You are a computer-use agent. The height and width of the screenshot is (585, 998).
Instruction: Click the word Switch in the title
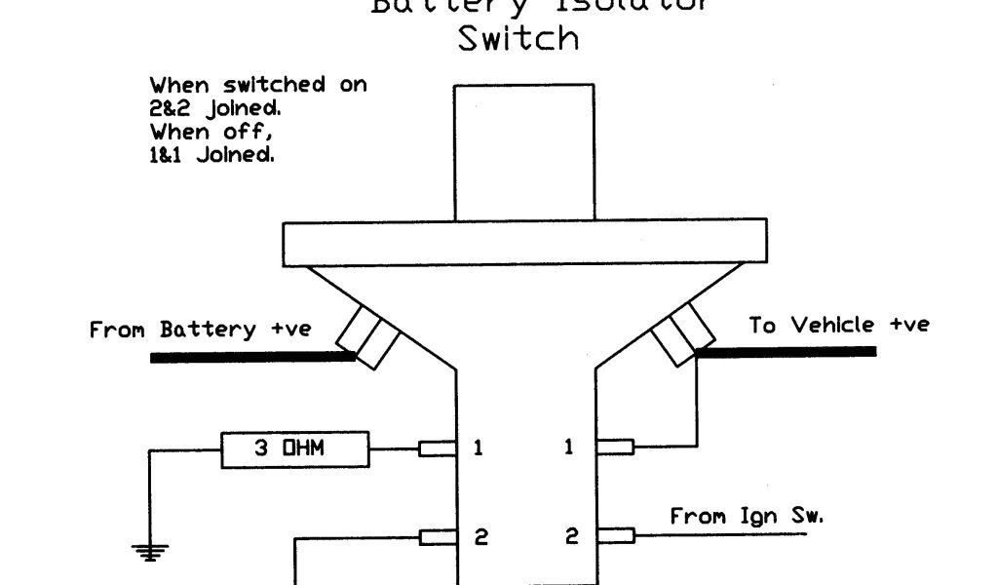(x=518, y=39)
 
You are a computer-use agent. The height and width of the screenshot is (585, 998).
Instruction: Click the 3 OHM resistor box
(x=295, y=448)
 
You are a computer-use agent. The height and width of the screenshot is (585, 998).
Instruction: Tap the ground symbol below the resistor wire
(x=150, y=552)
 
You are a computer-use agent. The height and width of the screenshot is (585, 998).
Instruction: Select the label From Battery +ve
(x=200, y=330)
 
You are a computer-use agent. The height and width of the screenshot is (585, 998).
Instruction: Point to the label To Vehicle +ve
(x=838, y=325)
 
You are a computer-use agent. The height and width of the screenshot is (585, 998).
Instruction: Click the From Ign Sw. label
(x=746, y=516)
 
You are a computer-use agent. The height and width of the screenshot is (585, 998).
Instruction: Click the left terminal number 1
(x=479, y=448)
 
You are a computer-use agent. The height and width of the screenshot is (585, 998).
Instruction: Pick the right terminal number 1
(x=570, y=448)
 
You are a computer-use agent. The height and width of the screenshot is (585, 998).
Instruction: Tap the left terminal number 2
(x=480, y=537)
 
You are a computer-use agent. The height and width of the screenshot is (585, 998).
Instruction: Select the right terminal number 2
(x=572, y=537)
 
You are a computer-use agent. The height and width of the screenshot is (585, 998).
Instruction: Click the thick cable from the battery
(x=253, y=358)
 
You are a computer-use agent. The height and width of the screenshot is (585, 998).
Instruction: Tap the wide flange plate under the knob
(x=522, y=244)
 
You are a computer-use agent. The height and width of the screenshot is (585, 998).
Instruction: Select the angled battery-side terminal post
(x=367, y=335)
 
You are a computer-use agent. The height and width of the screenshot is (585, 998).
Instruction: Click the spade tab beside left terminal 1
(x=438, y=448)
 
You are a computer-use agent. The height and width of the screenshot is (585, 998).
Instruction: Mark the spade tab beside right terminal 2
(x=615, y=534)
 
